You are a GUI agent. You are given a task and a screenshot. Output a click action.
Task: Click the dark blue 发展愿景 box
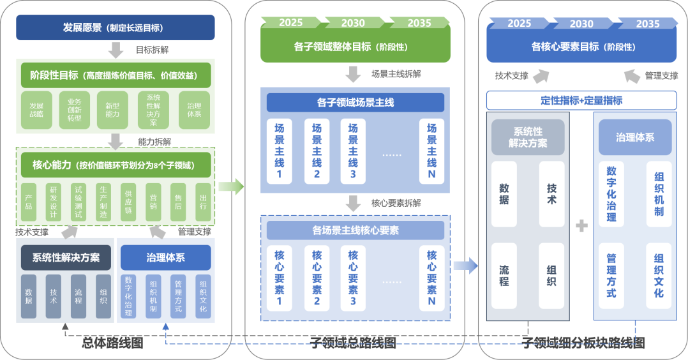point(115,27)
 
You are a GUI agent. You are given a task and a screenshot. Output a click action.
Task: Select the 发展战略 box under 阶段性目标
point(36,110)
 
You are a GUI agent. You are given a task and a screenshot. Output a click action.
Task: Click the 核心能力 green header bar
point(116,165)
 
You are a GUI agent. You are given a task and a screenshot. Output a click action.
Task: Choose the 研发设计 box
point(53,202)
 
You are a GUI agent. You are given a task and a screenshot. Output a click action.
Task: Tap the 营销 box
point(153,202)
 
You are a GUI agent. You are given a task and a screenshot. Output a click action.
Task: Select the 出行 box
point(202,202)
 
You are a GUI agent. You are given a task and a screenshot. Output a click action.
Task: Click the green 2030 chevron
point(353,23)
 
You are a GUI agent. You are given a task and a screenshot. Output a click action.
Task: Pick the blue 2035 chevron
point(648,24)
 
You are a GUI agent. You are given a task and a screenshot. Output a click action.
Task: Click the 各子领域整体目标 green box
point(355,47)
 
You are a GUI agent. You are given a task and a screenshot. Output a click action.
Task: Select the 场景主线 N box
point(431,152)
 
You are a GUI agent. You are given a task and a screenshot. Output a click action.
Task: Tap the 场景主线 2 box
point(316,152)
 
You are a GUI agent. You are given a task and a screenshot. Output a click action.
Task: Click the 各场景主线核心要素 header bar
point(355,230)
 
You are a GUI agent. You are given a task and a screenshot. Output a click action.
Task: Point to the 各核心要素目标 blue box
point(581,47)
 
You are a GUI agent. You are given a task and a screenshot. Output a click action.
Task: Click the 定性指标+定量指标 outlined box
point(581,100)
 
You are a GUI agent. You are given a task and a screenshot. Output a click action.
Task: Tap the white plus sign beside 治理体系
point(581,226)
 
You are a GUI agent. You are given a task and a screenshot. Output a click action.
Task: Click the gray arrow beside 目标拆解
point(116,50)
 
